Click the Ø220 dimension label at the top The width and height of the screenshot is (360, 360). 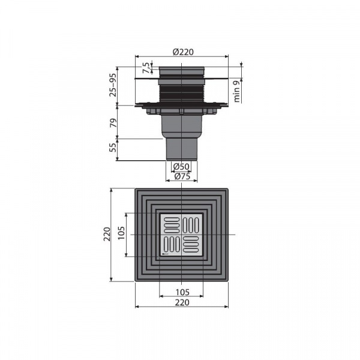pos(183,52)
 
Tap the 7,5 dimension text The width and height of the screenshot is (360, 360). pos(146,68)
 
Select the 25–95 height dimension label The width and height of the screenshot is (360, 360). pos(113,85)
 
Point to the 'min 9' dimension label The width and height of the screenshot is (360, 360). pos(237,91)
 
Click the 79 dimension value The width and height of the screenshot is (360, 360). pos(113,123)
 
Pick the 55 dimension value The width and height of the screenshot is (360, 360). pos(113,148)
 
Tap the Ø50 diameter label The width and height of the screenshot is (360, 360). pos(181,166)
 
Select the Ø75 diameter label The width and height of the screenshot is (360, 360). pos(182,176)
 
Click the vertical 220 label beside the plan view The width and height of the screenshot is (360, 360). pos(107,234)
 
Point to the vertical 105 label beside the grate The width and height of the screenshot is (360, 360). pos(121,233)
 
